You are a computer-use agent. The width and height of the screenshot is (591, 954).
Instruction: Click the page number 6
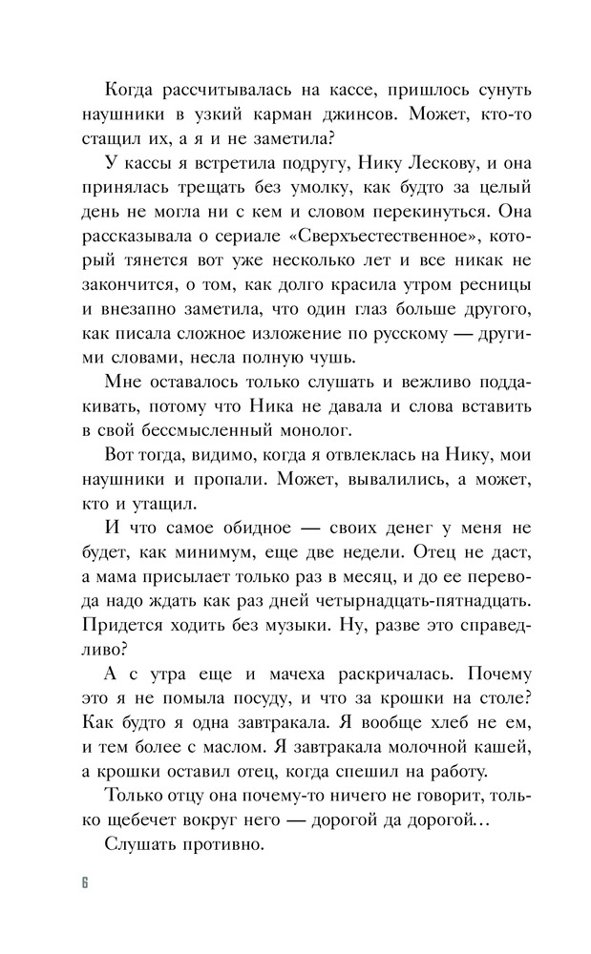click(85, 881)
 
